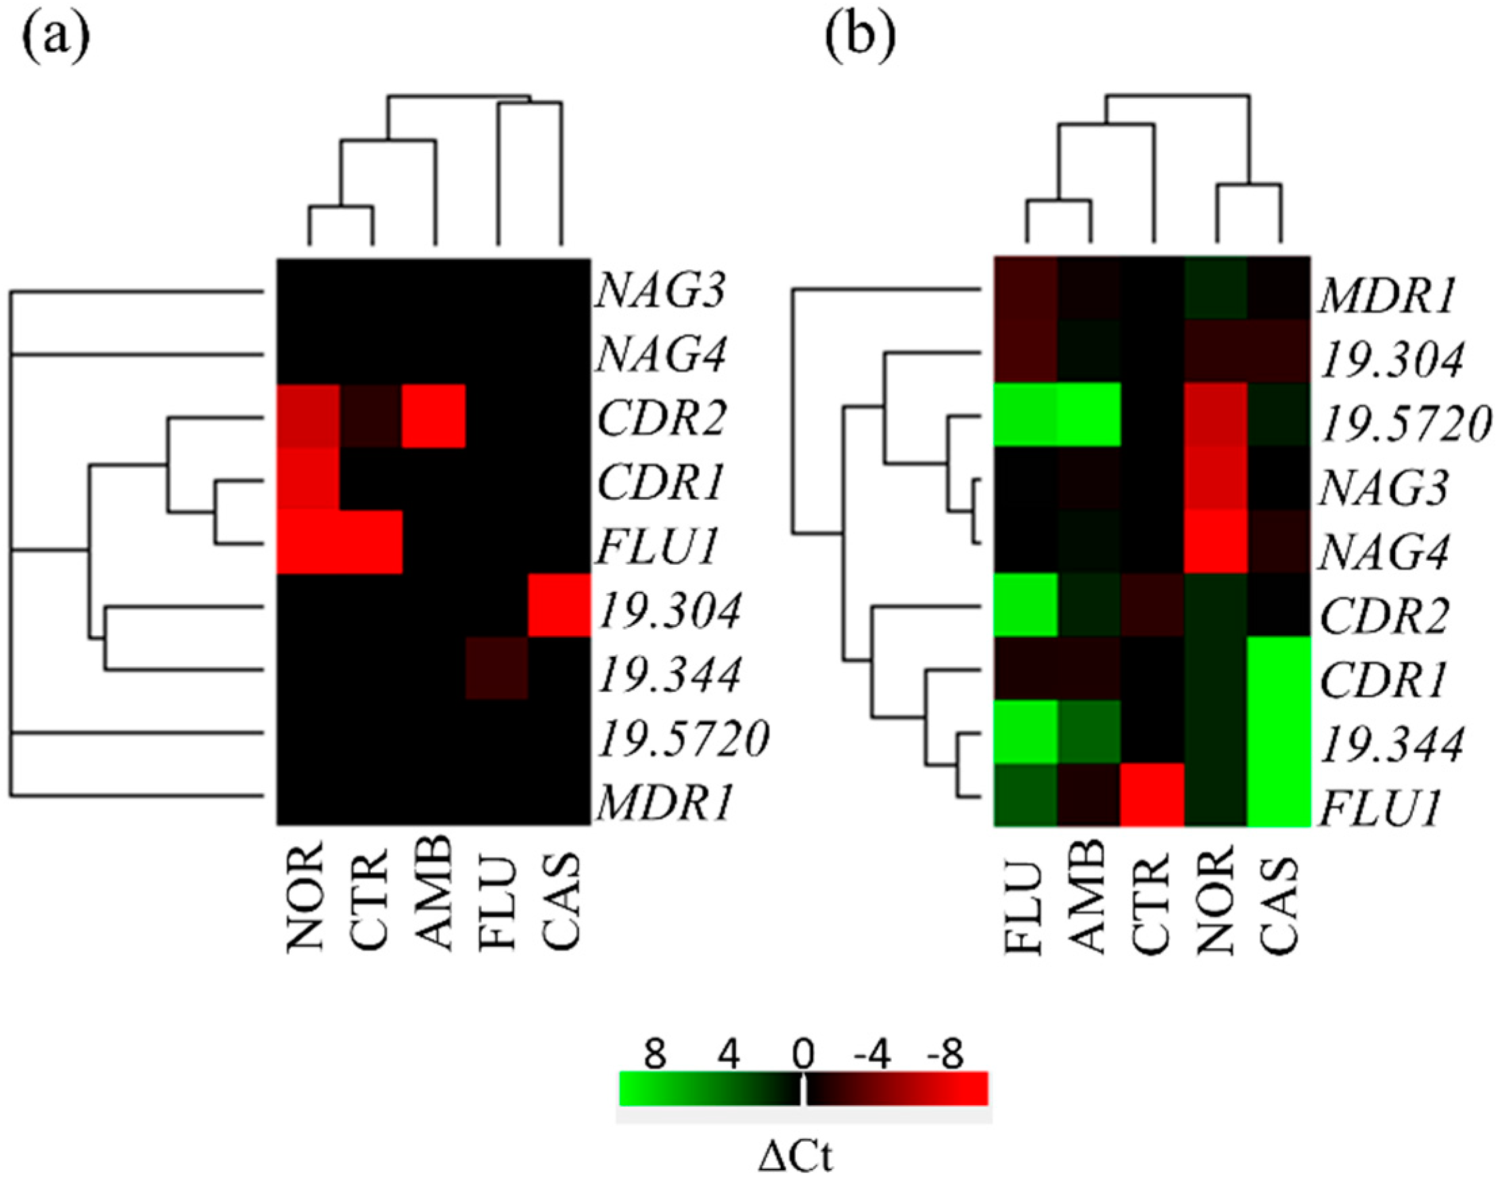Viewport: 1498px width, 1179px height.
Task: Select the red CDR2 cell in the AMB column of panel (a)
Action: tap(434, 416)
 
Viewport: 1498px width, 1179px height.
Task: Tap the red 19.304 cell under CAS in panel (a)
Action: tap(560, 605)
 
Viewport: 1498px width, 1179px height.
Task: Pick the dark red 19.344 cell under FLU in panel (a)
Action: tap(497, 668)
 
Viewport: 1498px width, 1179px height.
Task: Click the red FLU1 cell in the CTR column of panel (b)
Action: tap(1153, 795)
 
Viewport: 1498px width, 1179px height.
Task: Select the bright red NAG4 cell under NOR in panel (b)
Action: tap(1216, 542)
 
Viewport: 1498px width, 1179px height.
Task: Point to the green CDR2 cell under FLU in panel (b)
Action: tap(1026, 605)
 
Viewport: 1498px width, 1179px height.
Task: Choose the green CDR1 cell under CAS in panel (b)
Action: tap(1279, 668)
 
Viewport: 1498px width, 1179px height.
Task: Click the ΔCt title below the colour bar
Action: tap(796, 1159)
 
